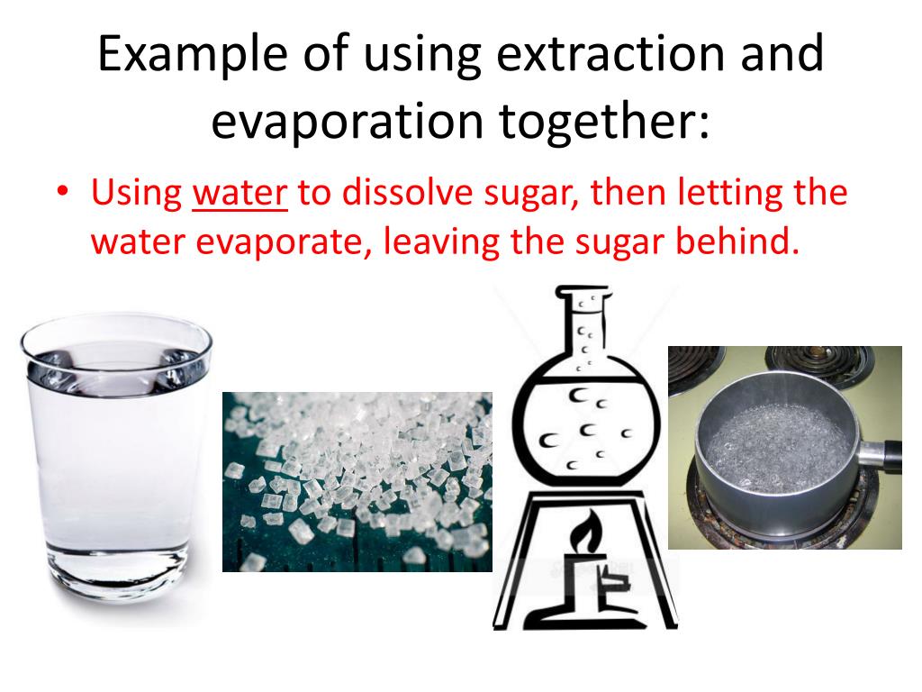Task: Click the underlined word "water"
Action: click(240, 195)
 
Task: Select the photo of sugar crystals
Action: click(357, 481)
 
